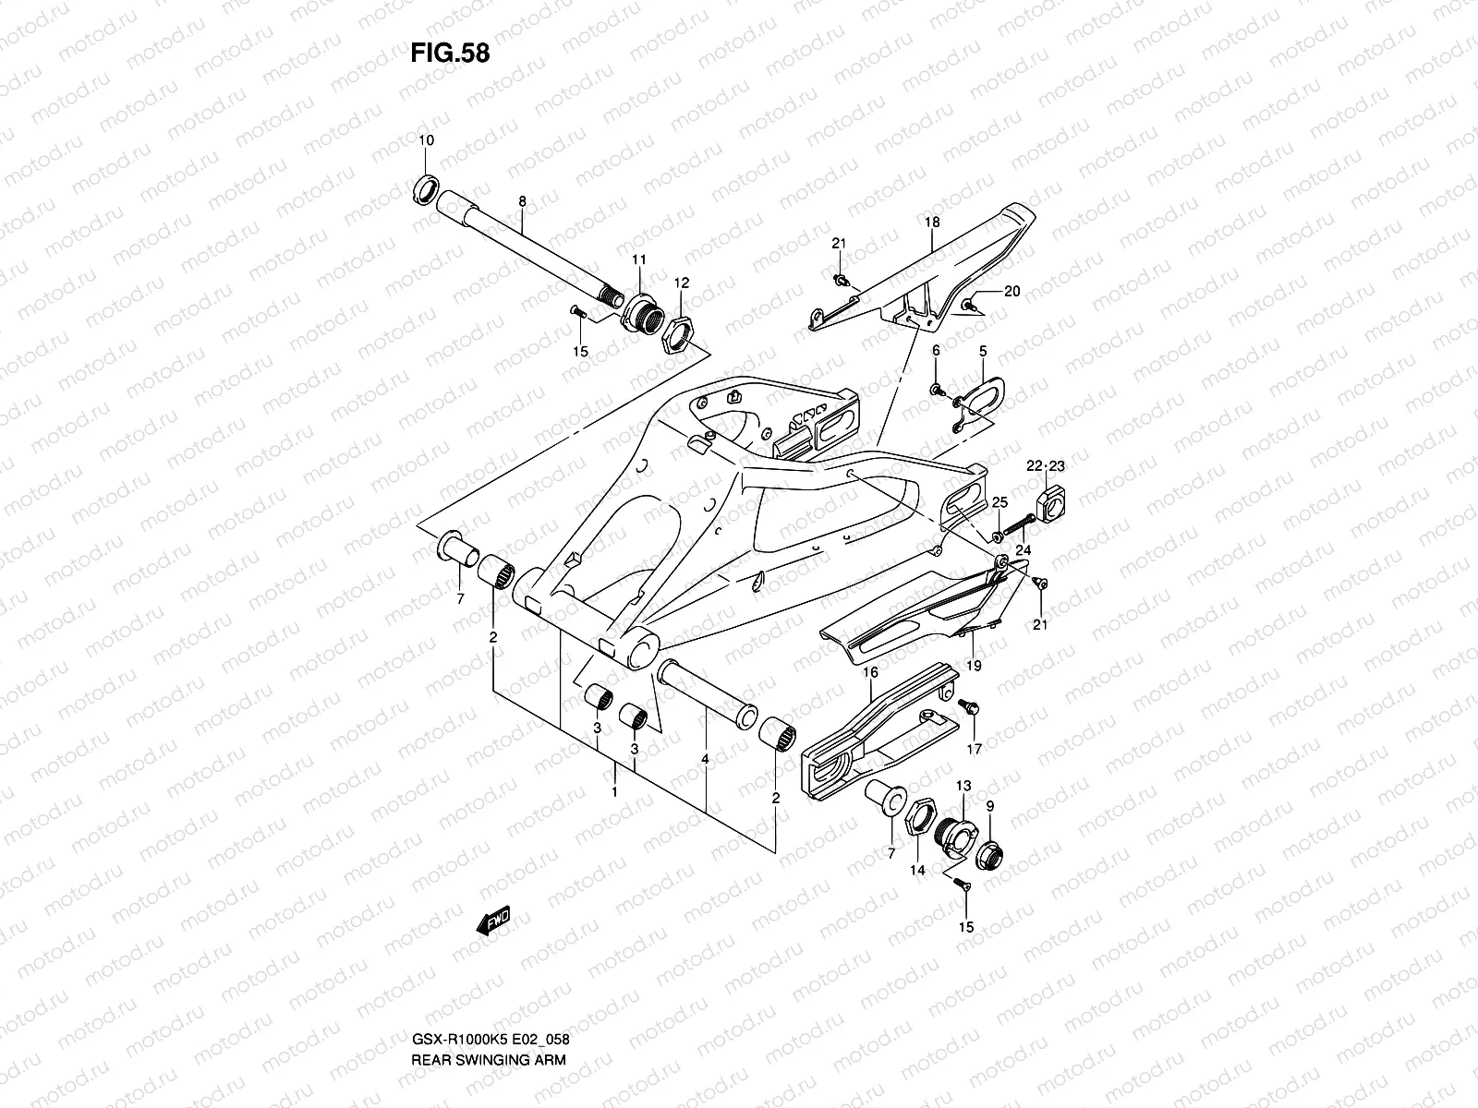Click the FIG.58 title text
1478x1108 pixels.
[x=450, y=53]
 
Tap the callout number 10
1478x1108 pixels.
[x=426, y=140]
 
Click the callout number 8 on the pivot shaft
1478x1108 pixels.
[x=522, y=200]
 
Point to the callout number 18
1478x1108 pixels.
[x=932, y=223]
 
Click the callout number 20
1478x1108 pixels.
[x=1012, y=292]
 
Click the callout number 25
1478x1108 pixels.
[x=999, y=502]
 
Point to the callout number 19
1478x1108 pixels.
[x=974, y=665]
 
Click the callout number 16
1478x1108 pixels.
[x=869, y=674]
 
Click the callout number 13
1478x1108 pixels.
[x=963, y=786]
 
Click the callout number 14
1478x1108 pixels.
[x=917, y=871]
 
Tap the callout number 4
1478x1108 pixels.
[x=706, y=759]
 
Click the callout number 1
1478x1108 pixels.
[x=615, y=792]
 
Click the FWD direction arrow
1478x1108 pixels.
[x=493, y=922]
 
